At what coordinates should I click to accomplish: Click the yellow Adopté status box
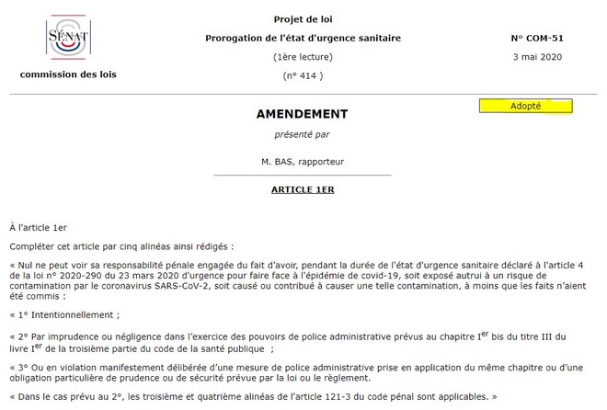(525, 106)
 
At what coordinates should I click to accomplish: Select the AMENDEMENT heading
(302, 114)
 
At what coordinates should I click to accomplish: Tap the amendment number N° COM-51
(537, 39)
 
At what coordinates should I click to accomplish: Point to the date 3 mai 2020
(536, 57)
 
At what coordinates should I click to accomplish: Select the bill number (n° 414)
(303, 75)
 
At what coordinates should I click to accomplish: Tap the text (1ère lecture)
(303, 57)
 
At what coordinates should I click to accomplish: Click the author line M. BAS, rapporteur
(302, 161)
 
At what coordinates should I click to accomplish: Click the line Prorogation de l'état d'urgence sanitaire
(303, 38)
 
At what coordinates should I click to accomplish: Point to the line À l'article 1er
(38, 226)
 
